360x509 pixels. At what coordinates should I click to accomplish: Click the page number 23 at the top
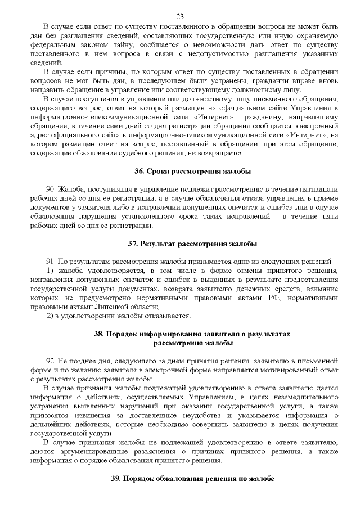coord(180,16)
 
